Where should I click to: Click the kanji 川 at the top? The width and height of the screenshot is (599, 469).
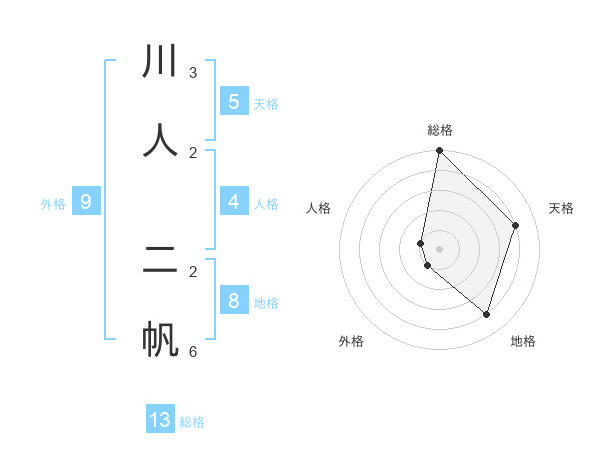click(160, 62)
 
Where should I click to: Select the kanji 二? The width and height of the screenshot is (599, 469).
click(160, 261)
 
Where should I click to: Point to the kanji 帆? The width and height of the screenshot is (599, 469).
click(160, 339)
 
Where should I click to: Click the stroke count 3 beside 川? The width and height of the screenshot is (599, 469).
click(193, 73)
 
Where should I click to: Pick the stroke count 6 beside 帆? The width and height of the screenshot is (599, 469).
click(193, 352)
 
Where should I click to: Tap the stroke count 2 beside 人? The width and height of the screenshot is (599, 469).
click(193, 153)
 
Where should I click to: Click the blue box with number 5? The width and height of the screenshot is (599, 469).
click(234, 102)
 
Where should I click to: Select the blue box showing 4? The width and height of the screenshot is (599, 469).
click(234, 202)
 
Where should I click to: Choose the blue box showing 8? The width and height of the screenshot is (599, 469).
click(234, 301)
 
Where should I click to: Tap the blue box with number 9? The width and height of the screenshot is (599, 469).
click(86, 202)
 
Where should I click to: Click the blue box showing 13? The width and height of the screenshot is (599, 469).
click(160, 420)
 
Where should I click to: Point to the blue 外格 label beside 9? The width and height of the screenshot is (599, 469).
click(53, 204)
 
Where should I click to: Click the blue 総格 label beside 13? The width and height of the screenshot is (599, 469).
click(192, 422)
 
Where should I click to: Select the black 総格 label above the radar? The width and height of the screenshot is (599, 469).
click(440, 130)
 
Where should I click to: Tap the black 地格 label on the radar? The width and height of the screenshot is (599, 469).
click(523, 341)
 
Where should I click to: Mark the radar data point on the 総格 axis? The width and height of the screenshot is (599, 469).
click(439, 150)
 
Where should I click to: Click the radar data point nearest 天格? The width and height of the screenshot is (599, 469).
click(516, 225)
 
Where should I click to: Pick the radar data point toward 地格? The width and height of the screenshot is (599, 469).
click(486, 314)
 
